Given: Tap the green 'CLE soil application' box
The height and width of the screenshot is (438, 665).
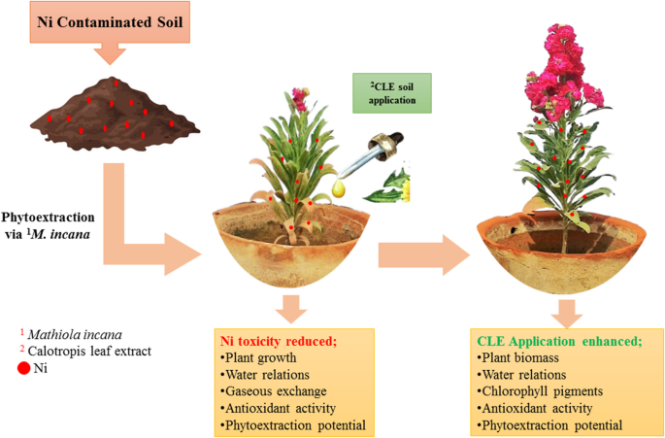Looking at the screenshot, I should [388, 91].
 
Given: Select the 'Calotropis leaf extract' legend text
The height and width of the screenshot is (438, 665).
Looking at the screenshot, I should [88, 351].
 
